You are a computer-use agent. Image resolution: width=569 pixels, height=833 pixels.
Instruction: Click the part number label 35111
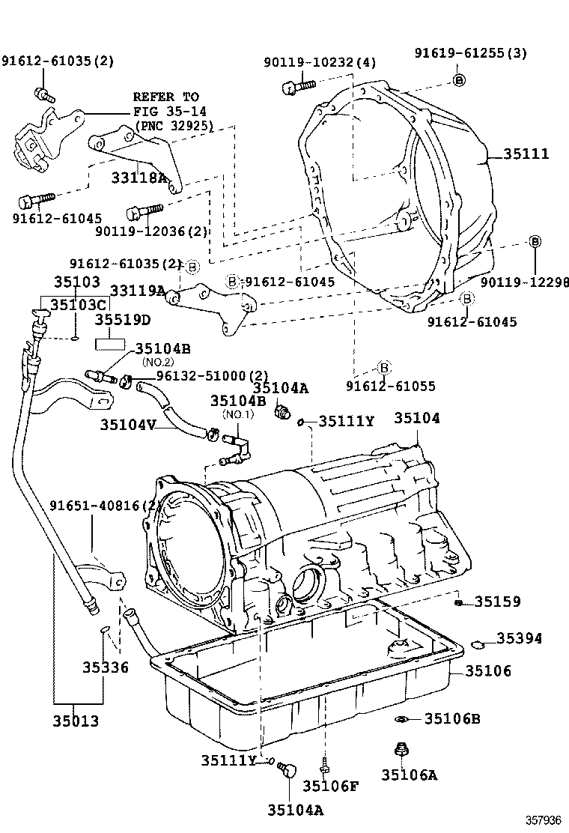(526, 154)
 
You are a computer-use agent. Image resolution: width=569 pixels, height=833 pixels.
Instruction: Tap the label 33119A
(137, 290)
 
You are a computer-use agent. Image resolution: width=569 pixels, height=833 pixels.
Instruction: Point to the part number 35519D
(122, 320)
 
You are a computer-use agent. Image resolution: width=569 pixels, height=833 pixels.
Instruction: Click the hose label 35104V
(128, 425)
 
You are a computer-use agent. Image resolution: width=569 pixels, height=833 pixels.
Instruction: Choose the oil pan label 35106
(488, 671)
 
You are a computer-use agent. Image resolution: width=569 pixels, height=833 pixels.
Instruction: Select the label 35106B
(451, 719)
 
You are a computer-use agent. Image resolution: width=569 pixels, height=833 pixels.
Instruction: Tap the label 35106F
(331, 786)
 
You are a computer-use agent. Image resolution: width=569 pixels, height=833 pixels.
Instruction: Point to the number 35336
(106, 667)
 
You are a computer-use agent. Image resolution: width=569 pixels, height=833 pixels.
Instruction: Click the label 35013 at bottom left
(76, 721)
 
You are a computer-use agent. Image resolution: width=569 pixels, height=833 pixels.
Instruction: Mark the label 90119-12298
(524, 282)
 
